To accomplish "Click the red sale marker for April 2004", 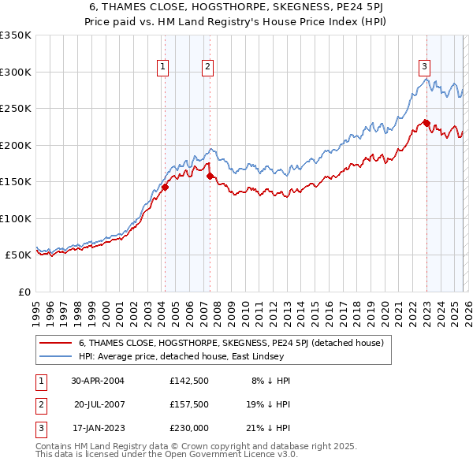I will pyautogui.click(x=165, y=187).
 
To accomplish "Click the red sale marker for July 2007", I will pyautogui.click(x=210, y=176).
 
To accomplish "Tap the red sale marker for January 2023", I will pyautogui.click(x=426, y=122).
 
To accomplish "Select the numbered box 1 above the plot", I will pyautogui.click(x=162, y=68).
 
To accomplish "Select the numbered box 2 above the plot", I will pyautogui.click(x=207, y=68).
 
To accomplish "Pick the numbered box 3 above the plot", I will pyautogui.click(x=424, y=68).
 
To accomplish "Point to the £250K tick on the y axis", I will pyautogui.click(x=15, y=109).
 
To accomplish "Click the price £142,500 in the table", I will pyautogui.click(x=188, y=380).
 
